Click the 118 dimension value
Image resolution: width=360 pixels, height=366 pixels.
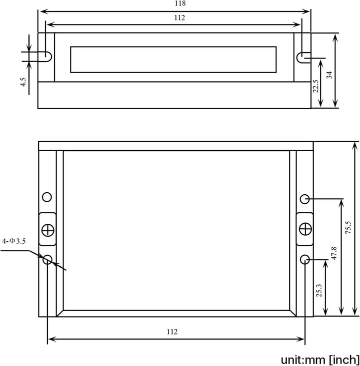coord(166,4)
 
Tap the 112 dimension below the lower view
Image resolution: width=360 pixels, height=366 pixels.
coord(171,332)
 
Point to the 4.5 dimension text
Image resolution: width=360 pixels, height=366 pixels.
coord(23,83)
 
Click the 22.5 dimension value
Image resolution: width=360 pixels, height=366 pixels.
coord(315,86)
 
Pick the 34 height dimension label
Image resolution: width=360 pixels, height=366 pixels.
coord(328,75)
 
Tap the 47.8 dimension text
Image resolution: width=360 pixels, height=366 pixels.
coord(334,254)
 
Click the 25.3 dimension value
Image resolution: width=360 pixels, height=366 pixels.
coord(318,290)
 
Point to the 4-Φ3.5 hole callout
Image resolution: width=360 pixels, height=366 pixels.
coord(13,241)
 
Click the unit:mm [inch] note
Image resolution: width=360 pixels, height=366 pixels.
coord(319,359)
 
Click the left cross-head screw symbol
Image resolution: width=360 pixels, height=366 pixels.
coord(48,230)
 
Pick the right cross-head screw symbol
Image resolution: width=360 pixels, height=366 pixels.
coord(304,229)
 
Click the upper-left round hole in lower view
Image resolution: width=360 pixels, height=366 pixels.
coord(47,197)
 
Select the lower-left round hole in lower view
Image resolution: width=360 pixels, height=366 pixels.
coord(47,259)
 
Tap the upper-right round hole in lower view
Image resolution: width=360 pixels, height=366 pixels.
coord(304,199)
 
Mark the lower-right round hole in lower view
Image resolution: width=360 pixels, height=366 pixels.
coord(305,259)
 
